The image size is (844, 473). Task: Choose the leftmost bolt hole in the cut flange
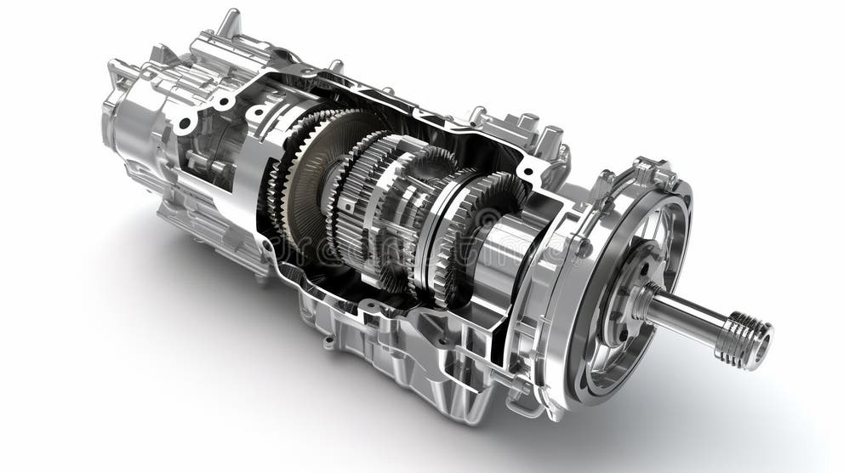click(x=184, y=124)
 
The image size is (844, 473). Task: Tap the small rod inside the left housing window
click(x=201, y=162)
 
